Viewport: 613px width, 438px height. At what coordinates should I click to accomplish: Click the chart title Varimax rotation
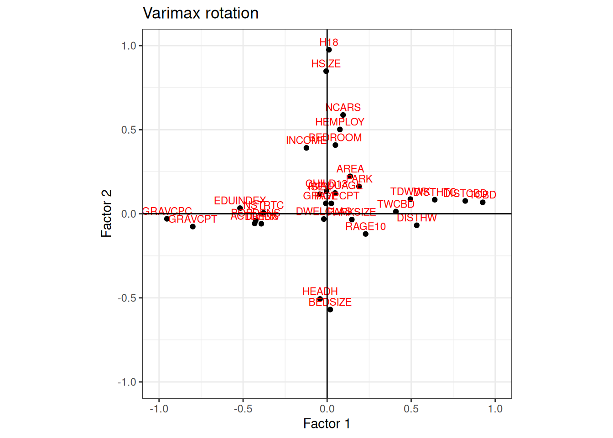click(201, 13)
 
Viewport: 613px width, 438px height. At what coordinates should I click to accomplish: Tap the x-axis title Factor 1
click(327, 423)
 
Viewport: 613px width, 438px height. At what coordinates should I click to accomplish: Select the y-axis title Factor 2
click(106, 214)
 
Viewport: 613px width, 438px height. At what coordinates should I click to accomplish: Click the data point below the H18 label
click(329, 50)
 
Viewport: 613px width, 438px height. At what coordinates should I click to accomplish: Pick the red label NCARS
click(343, 108)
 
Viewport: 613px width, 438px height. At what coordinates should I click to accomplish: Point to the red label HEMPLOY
click(340, 122)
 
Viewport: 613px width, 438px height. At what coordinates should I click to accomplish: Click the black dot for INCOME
click(306, 148)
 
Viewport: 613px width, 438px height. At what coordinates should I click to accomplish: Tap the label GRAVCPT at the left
click(193, 219)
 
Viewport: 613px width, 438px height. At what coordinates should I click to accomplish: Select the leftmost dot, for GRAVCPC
click(167, 219)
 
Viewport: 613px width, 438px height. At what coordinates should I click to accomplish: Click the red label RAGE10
click(365, 227)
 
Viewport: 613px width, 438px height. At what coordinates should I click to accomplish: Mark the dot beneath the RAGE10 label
click(366, 234)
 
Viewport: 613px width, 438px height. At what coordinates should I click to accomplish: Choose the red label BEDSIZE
click(330, 302)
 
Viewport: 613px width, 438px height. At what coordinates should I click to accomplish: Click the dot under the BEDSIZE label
click(330, 310)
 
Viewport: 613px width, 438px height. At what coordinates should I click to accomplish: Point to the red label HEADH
click(320, 292)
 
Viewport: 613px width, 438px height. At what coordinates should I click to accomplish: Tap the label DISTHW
click(417, 218)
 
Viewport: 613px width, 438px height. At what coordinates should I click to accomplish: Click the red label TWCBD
click(396, 204)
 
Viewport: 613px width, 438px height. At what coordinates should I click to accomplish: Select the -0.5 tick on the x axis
click(243, 409)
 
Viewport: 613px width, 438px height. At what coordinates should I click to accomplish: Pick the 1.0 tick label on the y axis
click(129, 46)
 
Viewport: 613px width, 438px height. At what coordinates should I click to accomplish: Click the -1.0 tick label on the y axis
click(127, 382)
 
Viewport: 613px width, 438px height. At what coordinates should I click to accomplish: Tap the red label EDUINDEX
click(240, 201)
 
